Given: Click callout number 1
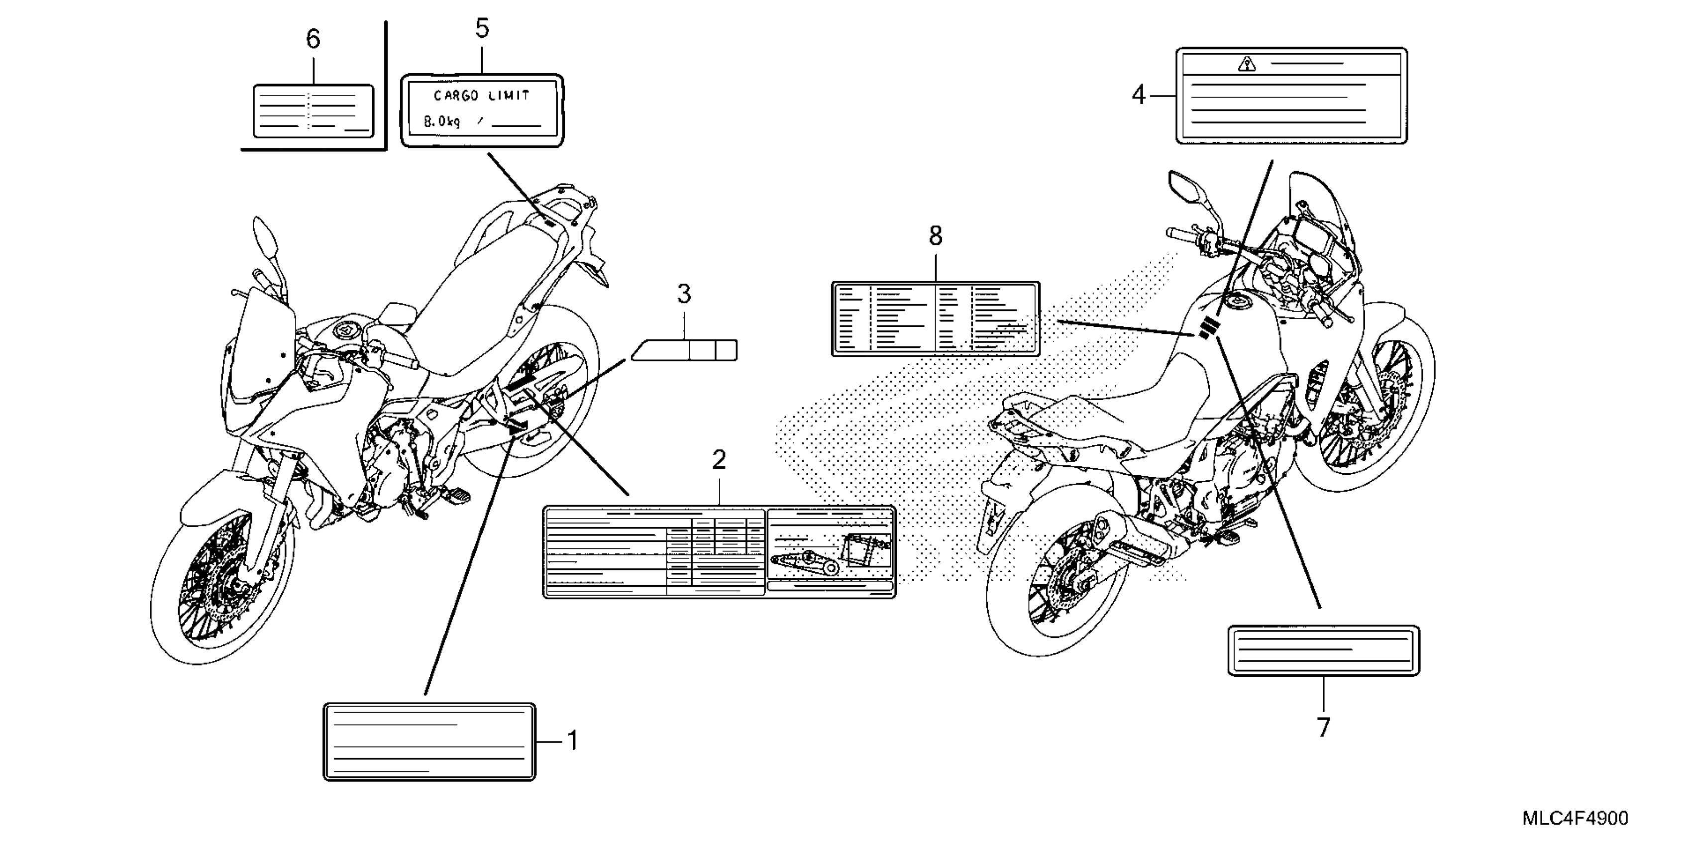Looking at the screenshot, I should tap(572, 741).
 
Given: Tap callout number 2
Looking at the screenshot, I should tap(719, 460).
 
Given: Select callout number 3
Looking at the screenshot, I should tap(684, 294).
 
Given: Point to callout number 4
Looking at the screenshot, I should tap(1138, 96).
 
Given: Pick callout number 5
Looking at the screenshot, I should tap(482, 29).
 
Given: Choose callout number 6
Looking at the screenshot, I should tap(314, 39).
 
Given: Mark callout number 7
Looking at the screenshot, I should tap(1323, 728).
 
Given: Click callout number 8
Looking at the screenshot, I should tap(936, 235).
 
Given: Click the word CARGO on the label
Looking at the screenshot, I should tap(456, 96).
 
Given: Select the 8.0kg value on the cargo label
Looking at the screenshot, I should tap(442, 121).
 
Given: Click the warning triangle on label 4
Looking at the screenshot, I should tap(1246, 64).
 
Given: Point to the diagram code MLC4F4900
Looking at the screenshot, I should tap(1575, 819).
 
